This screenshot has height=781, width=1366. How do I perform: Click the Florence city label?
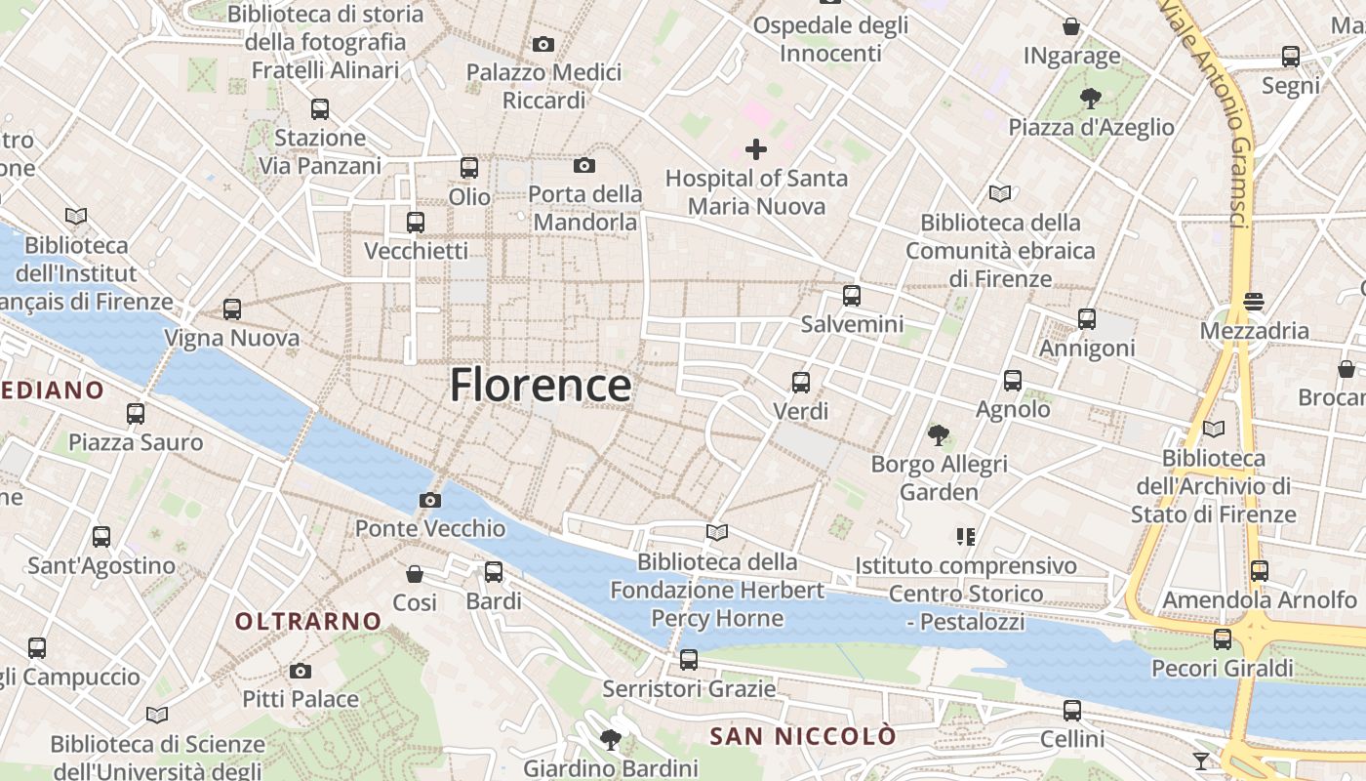(x=540, y=386)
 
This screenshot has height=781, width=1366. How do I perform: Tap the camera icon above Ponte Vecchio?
(x=429, y=501)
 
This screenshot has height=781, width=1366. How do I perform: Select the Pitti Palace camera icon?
(x=301, y=672)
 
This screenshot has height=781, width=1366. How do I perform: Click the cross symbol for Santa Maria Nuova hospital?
(x=756, y=149)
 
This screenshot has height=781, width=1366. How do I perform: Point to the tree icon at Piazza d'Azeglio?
(x=1091, y=99)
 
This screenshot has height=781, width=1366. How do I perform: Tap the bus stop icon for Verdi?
(x=801, y=383)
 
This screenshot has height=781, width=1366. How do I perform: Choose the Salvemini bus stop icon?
(x=852, y=296)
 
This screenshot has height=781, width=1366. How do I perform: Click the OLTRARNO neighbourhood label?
(x=308, y=621)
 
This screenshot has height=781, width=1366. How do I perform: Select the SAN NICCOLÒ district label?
(x=802, y=736)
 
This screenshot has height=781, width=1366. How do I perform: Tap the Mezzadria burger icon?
(x=1254, y=303)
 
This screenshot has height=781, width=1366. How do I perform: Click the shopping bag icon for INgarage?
(x=1071, y=27)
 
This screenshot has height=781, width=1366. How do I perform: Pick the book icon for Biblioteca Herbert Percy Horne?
(x=717, y=533)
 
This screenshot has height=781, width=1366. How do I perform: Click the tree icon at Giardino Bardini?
(x=611, y=739)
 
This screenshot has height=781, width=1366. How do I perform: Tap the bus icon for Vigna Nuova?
(x=232, y=309)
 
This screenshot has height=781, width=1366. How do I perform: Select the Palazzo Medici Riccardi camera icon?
(x=543, y=44)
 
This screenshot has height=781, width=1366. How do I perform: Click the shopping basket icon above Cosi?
(x=415, y=574)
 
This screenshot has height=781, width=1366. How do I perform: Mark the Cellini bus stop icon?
(x=1072, y=711)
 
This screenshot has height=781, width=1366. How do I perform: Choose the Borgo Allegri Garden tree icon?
(x=939, y=434)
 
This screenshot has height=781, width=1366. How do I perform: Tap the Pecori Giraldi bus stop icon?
(x=1223, y=639)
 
